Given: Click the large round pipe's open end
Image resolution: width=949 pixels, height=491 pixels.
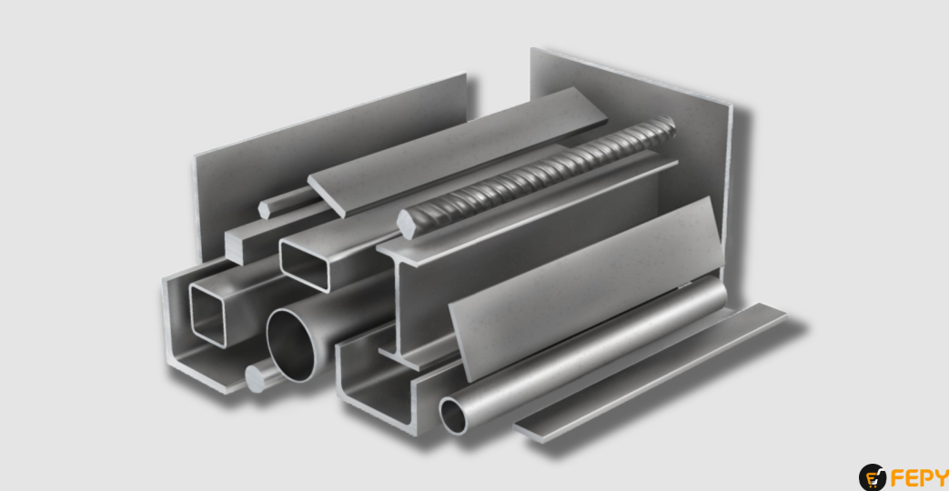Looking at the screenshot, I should [292, 346].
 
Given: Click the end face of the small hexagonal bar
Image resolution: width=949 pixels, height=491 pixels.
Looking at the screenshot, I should [264, 209].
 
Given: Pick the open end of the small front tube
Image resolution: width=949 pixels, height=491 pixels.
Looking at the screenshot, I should [455, 415].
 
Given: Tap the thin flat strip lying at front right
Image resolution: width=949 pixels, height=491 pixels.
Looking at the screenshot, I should [655, 373].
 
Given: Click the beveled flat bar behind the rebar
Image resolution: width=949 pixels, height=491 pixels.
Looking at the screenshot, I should [455, 150].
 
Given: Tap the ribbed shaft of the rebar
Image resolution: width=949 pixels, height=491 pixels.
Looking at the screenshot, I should [546, 173].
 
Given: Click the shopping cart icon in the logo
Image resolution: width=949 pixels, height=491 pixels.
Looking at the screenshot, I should [872, 477].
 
